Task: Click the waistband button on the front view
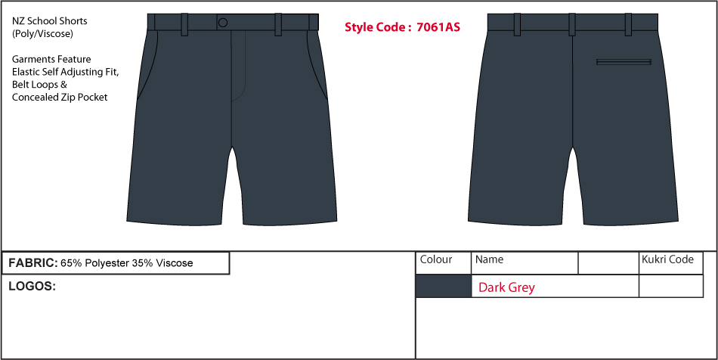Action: click(x=222, y=23)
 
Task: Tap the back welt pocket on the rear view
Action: click(x=624, y=62)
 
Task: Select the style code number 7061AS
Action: click(x=438, y=27)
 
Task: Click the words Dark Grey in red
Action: click(x=506, y=287)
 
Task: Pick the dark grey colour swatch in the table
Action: click(x=443, y=286)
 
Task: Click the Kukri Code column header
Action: click(x=667, y=259)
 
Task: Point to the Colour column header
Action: click(x=436, y=259)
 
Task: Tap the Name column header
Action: click(x=489, y=259)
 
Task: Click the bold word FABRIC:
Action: click(x=33, y=263)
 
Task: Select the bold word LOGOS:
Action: click(x=32, y=287)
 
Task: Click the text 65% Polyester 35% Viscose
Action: click(x=127, y=263)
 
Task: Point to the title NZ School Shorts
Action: click(x=49, y=21)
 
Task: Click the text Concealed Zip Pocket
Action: click(x=60, y=98)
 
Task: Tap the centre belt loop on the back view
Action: click(x=572, y=24)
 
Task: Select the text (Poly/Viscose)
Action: click(x=42, y=34)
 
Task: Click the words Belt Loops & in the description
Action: click(x=40, y=85)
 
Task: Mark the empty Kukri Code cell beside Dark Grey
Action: click(x=671, y=286)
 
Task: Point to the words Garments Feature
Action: click(x=51, y=60)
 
